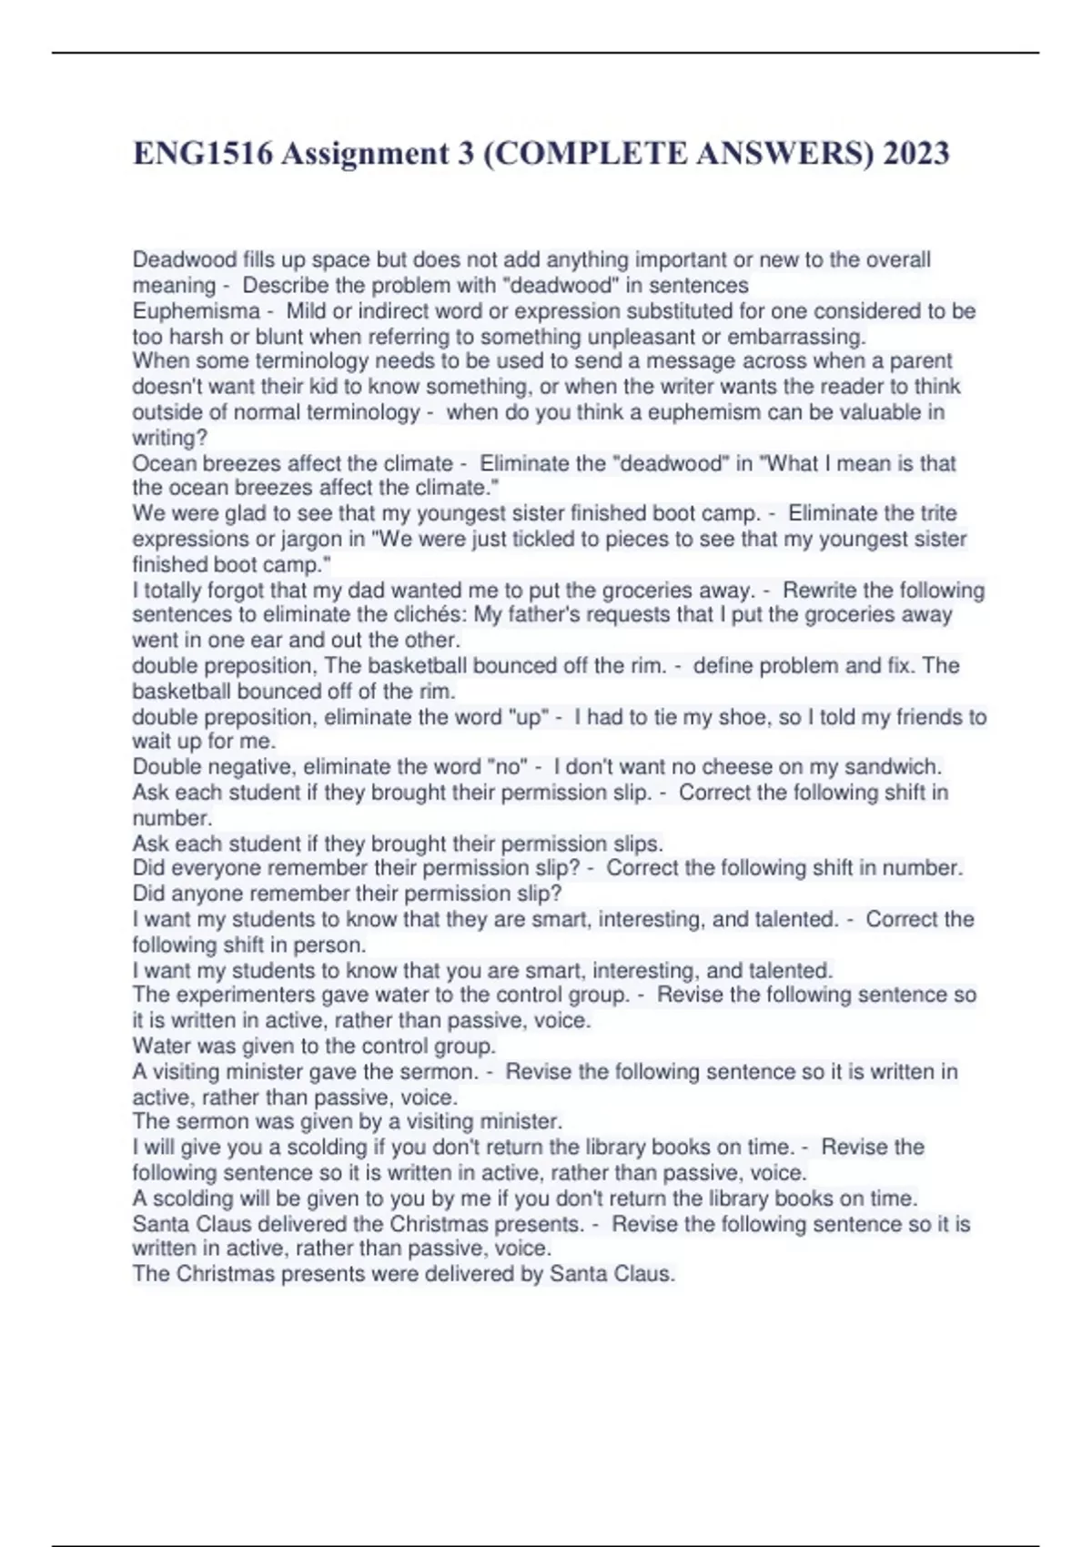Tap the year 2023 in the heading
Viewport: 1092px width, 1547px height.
click(915, 154)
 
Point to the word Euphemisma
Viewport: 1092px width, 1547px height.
click(197, 311)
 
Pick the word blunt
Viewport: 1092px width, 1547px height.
click(269, 337)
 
